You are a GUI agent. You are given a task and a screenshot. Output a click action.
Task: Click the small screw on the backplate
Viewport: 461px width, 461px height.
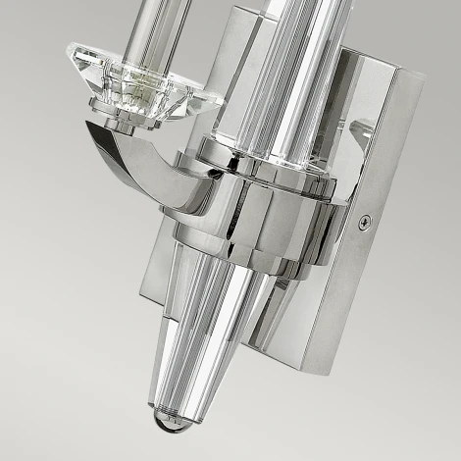coord(365,223)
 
